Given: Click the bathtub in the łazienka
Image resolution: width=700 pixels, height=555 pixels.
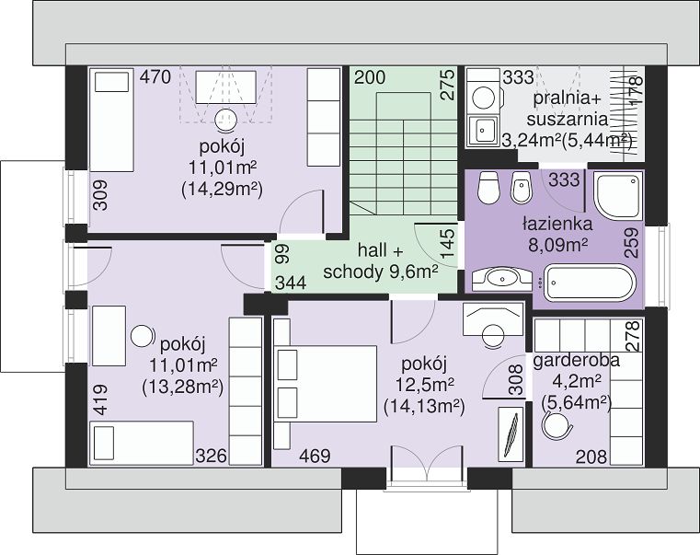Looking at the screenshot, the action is point(590,283).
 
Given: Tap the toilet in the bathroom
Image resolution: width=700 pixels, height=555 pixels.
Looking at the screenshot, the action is point(488,187).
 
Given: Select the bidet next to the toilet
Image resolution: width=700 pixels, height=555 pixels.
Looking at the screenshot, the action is point(522,187).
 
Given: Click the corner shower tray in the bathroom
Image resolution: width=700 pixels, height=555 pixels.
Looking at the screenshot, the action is point(618,195).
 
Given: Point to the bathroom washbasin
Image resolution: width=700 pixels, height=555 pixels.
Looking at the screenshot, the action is point(502,279).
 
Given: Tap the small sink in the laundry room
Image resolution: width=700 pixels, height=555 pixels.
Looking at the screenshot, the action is point(482,131).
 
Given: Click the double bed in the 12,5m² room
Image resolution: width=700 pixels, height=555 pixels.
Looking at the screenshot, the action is point(325,384).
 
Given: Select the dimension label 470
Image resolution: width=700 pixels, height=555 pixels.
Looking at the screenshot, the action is point(155,77).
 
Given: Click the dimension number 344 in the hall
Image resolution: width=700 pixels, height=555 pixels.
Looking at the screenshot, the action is point(291,283).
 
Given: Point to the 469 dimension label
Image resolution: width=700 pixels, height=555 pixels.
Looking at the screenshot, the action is point(315,457).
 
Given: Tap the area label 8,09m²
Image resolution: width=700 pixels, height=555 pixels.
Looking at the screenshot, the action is point(557,246).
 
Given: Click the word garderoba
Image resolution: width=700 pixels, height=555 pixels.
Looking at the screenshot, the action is point(577,360).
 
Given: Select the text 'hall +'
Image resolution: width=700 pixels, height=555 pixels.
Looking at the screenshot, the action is point(381,250).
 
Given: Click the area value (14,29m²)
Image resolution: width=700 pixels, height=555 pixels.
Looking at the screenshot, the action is point(222,190).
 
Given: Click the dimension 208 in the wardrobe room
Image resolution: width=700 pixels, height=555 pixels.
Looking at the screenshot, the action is point(591,457).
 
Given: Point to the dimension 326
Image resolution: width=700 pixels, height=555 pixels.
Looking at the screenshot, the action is point(212,457).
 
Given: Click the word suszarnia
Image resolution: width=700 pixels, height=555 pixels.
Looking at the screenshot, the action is point(568,120).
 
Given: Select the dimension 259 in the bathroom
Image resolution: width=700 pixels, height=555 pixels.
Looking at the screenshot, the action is point(631,243).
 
